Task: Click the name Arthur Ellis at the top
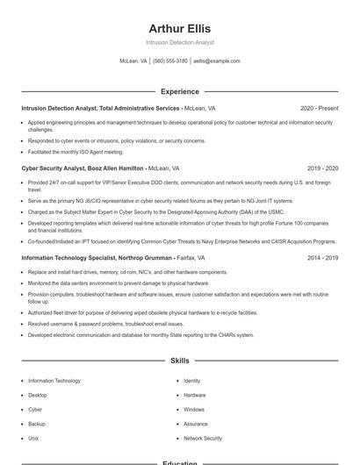pyautogui.click(x=180, y=28)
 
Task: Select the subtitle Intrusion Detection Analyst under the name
pyautogui.click(x=180, y=42)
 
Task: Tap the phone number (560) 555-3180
pyautogui.click(x=170, y=61)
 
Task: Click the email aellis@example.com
pyautogui.click(x=217, y=61)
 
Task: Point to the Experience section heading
pyautogui.click(x=180, y=91)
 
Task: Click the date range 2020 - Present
pyautogui.click(x=319, y=108)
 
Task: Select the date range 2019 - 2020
pyautogui.click(x=322, y=168)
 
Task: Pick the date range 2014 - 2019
pyautogui.click(x=322, y=258)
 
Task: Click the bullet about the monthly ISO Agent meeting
pyautogui.click(x=76, y=152)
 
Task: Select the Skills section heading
pyautogui.click(x=180, y=361)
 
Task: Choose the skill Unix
pyautogui.click(x=33, y=438)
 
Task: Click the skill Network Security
pyautogui.click(x=203, y=438)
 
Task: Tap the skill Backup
pyautogui.click(x=37, y=424)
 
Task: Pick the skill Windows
pyautogui.click(x=194, y=410)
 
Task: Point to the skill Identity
pyautogui.click(x=192, y=381)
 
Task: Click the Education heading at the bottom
pyautogui.click(x=180, y=461)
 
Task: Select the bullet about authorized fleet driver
pyautogui.click(x=142, y=312)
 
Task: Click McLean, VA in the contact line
pyautogui.click(x=133, y=61)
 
